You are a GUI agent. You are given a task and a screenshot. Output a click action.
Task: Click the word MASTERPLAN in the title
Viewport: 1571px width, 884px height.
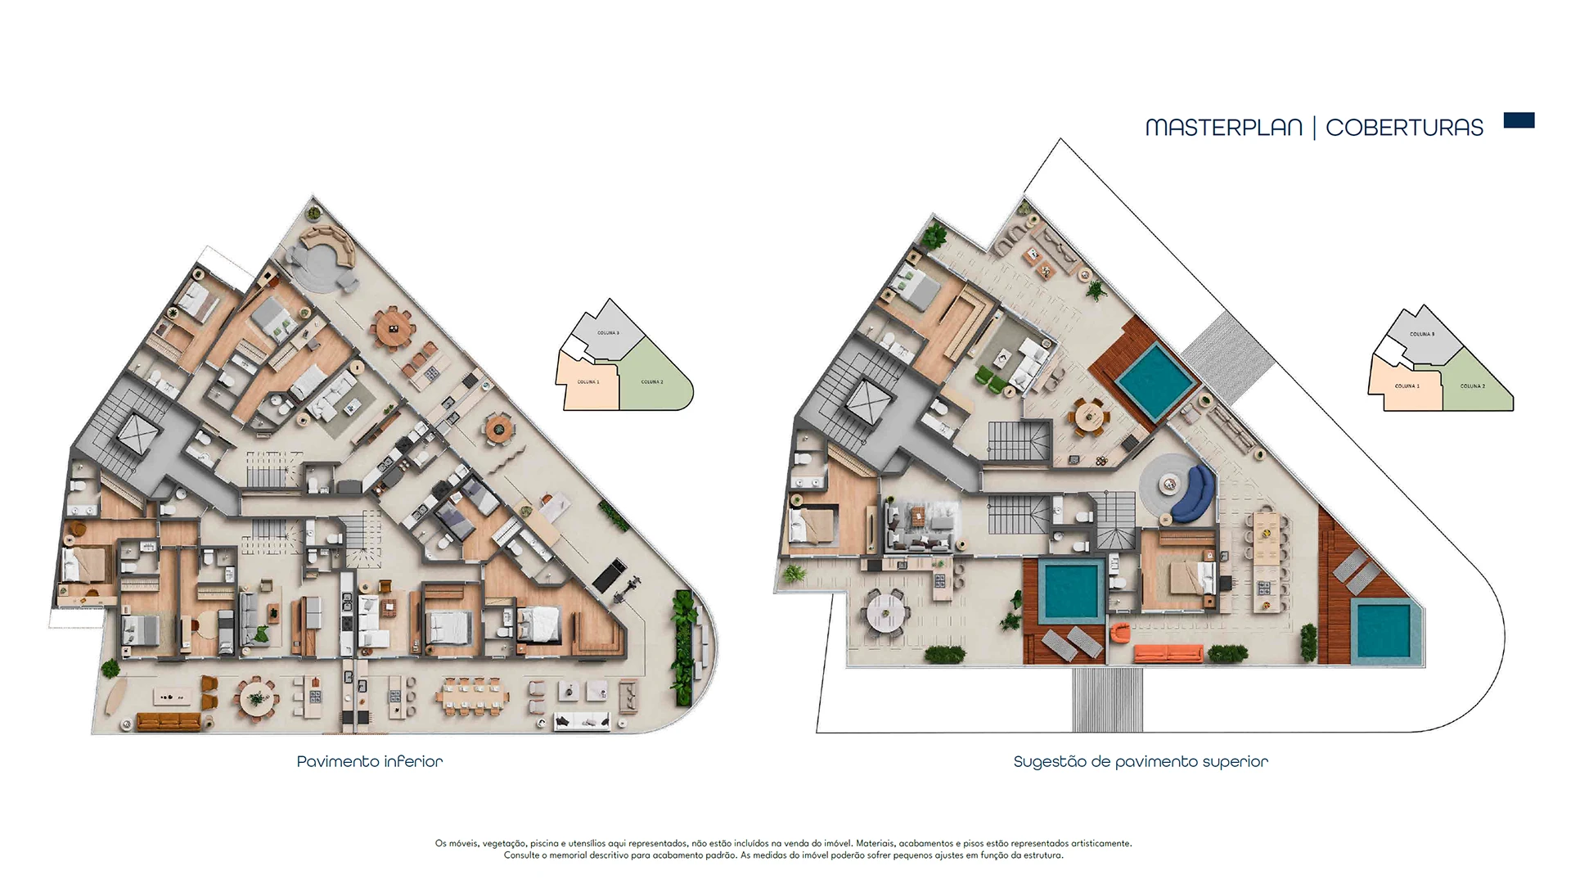click(x=1223, y=128)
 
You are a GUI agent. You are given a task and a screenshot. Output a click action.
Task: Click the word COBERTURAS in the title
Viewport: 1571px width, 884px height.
click(x=1404, y=128)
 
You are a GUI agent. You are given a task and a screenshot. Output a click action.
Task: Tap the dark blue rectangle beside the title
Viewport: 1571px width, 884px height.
click(x=1519, y=121)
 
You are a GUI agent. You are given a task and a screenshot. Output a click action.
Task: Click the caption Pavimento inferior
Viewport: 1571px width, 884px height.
click(x=370, y=761)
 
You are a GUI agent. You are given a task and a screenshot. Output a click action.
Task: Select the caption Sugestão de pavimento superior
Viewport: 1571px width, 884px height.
click(x=1141, y=761)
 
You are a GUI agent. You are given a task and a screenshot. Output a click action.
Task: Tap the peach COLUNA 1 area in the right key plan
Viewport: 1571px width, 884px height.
click(x=1407, y=386)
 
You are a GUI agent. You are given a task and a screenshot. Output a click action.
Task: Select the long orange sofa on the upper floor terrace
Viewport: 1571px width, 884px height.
click(x=1168, y=653)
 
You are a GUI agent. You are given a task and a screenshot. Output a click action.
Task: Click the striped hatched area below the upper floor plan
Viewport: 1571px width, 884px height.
click(x=1107, y=699)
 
